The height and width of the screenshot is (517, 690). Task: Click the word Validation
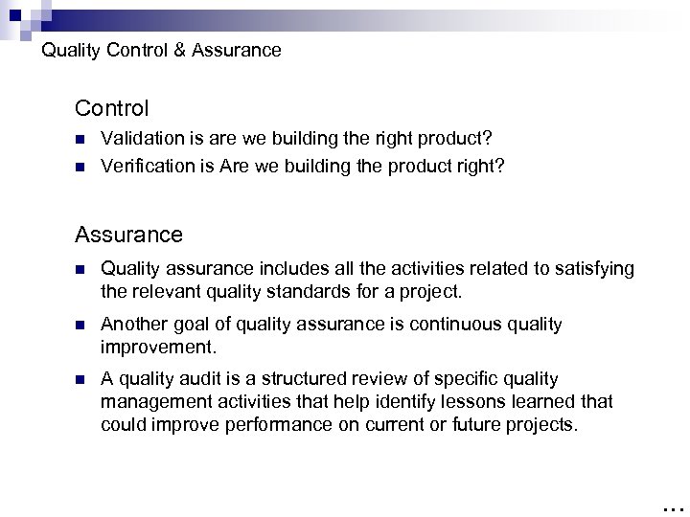(137, 140)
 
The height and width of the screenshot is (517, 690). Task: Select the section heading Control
(111, 108)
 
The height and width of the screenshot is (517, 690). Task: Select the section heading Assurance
(128, 234)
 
